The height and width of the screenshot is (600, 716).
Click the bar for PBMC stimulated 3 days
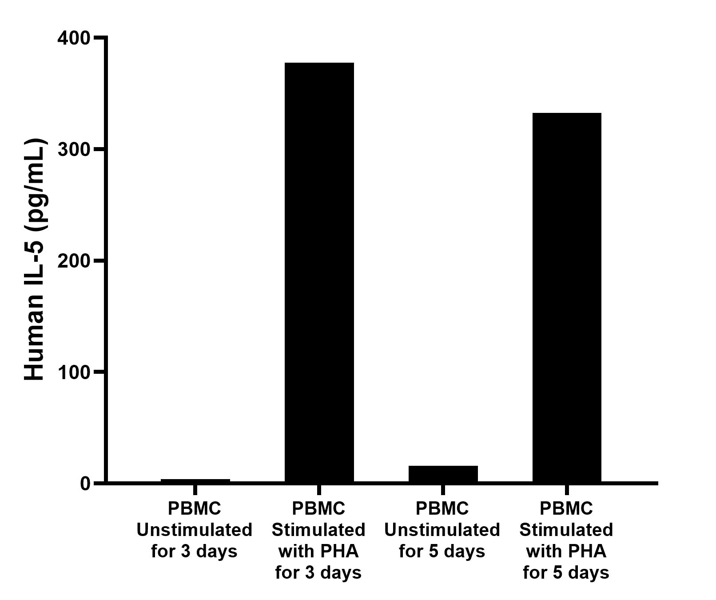[x=319, y=272]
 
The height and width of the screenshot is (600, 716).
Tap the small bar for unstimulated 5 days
[x=443, y=474]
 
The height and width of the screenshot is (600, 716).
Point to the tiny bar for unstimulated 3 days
[x=195, y=480]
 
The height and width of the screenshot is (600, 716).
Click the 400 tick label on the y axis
[x=74, y=38]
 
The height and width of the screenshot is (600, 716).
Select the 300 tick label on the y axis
[x=74, y=149]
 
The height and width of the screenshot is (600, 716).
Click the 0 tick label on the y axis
[x=85, y=483]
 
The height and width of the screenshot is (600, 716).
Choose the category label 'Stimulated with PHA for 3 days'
[x=318, y=540]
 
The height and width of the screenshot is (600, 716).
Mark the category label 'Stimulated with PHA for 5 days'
[x=566, y=540]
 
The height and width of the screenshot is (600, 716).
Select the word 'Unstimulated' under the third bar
[x=442, y=530]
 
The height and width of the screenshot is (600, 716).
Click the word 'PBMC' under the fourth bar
[x=566, y=508]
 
